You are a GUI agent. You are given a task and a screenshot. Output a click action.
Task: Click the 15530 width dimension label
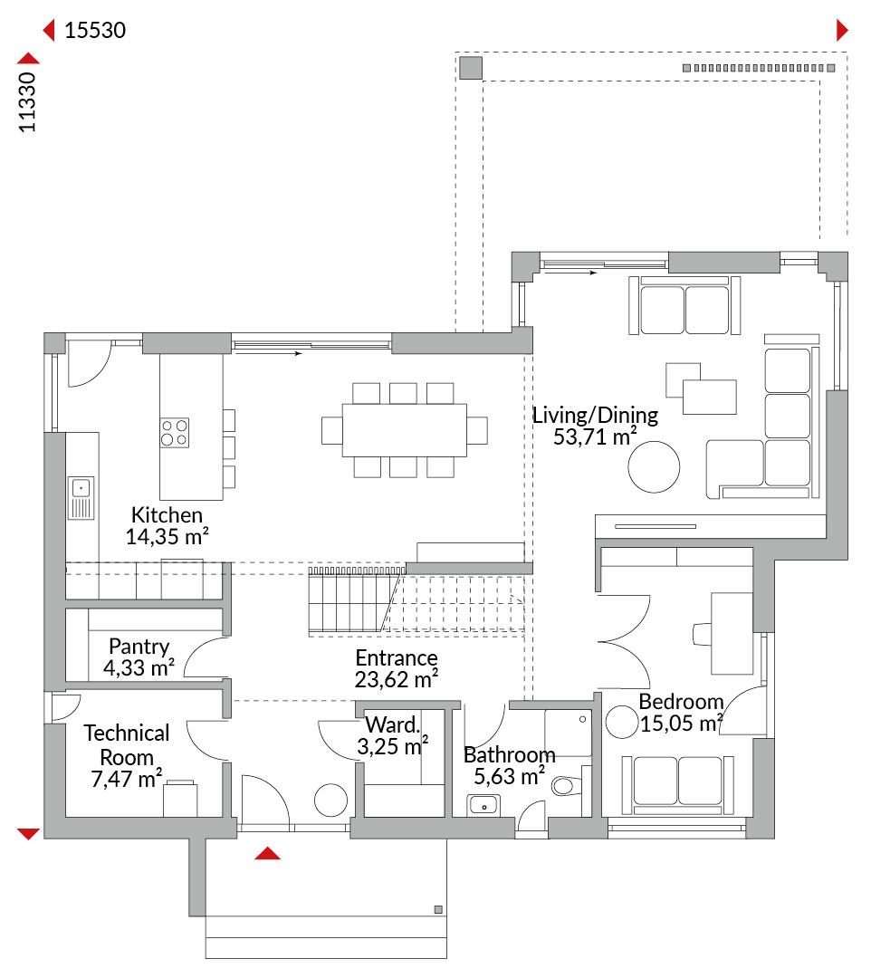tap(95, 30)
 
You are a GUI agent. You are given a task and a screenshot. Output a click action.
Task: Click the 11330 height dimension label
tap(27, 101)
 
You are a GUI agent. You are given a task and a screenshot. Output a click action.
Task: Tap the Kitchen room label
tap(167, 514)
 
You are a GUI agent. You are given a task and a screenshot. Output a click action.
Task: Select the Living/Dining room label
tap(595, 416)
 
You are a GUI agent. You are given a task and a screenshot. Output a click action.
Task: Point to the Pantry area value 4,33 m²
tap(139, 667)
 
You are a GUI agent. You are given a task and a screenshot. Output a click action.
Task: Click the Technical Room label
tap(127, 744)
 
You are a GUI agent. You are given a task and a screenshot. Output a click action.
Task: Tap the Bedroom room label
tap(681, 702)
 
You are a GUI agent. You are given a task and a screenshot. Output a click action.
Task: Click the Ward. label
tap(392, 724)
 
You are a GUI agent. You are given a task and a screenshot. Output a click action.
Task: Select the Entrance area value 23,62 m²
tap(397, 679)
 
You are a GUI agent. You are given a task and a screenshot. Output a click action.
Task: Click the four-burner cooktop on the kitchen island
tap(175, 433)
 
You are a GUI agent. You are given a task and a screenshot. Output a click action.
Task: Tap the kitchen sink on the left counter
tap(81, 498)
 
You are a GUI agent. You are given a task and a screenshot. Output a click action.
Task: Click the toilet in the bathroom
tap(567, 785)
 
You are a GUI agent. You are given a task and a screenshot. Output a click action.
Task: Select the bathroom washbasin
tap(483, 805)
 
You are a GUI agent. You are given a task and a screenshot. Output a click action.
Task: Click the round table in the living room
tap(654, 466)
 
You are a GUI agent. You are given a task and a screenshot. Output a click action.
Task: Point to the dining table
tap(404, 430)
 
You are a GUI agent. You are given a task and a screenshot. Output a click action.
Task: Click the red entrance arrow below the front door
tap(267, 853)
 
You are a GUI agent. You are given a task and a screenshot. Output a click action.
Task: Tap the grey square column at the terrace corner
tap(471, 68)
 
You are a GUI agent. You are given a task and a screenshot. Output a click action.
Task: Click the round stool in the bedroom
tap(622, 722)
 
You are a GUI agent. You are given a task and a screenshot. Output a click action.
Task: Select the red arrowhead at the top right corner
tap(842, 30)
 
